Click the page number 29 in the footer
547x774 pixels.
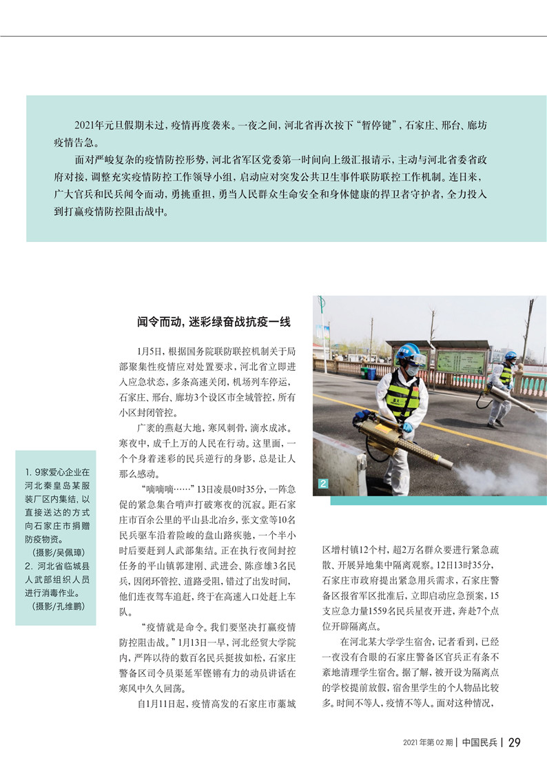[514, 742]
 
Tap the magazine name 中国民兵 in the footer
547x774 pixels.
[481, 742]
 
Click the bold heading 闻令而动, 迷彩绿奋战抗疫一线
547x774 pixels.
[214, 321]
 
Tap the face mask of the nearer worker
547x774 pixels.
[412, 370]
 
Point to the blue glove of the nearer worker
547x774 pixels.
[407, 427]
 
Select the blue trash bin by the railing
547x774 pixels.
[371, 373]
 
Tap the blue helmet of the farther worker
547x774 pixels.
[510, 356]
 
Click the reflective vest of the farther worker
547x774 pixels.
[506, 374]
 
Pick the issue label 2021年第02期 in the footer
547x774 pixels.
[428, 743]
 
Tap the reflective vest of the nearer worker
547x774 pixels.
[403, 395]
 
